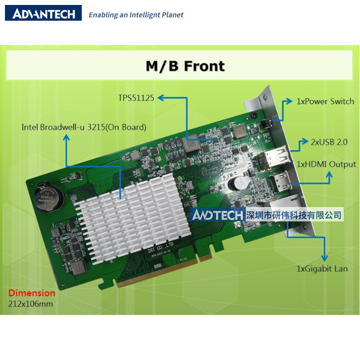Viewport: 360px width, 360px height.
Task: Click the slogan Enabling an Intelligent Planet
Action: coord(136,15)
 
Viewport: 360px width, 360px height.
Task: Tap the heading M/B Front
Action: coord(185,66)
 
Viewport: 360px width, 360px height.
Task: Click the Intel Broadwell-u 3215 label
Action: coord(84,127)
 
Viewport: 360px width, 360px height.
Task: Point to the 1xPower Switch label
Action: coord(325,101)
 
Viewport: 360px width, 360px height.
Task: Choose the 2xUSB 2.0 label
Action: coord(329,142)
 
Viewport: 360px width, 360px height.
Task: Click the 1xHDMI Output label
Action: coord(326,164)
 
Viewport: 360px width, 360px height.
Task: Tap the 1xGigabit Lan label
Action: coord(322,269)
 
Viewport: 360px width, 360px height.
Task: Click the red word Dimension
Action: coord(31,293)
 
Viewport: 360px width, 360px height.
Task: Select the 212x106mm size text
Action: coord(31,304)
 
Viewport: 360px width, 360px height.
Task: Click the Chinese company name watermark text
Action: coord(295,215)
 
